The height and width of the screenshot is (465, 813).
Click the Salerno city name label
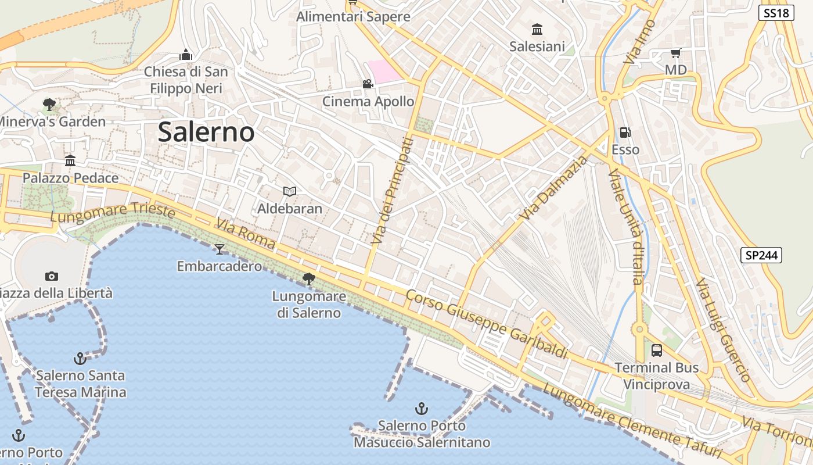coord(206,133)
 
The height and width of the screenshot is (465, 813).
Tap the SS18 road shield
coord(776,13)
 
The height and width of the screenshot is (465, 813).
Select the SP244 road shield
coord(761,255)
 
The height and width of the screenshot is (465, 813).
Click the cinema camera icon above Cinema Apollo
coord(368,84)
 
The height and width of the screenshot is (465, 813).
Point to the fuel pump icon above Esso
coord(625,133)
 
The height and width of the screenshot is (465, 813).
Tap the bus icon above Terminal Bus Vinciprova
coord(657,350)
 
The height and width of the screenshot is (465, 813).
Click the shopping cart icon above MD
coord(675,53)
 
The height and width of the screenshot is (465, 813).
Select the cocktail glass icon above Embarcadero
coord(220,249)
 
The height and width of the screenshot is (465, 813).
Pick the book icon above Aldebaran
coord(289,191)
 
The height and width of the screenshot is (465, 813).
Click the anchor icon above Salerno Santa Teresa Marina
coord(80,359)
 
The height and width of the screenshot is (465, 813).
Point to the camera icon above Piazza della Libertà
coord(52,276)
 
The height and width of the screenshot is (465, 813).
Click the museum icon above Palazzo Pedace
coord(70,160)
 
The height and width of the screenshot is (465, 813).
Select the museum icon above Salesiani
coord(537,29)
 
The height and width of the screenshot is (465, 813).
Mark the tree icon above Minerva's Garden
coord(49,105)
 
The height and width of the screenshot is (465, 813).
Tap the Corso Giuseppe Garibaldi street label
coord(486,324)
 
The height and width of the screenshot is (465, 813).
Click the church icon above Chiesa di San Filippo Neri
coord(186,55)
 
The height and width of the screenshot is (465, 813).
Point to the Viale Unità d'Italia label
coord(626,227)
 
